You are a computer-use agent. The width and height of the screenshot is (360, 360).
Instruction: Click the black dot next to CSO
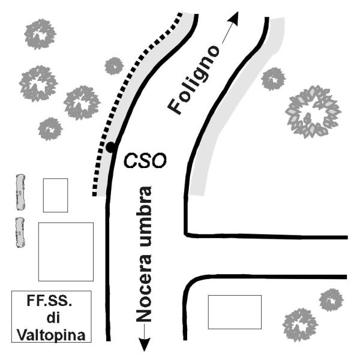click(111, 147)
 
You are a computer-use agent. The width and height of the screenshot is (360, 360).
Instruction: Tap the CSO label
click(144, 160)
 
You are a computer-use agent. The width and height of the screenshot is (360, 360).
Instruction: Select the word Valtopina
click(52, 332)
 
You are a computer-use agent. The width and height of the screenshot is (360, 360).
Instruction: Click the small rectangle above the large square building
click(55, 195)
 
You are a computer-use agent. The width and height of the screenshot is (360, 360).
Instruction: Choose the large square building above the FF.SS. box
click(65, 251)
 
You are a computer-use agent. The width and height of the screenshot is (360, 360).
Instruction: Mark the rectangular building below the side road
click(235, 312)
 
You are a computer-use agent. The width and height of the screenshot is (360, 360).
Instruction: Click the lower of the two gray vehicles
click(21, 233)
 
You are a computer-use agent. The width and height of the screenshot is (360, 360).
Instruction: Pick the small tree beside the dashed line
click(113, 65)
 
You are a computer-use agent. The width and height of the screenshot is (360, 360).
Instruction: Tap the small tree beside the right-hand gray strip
click(274, 78)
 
